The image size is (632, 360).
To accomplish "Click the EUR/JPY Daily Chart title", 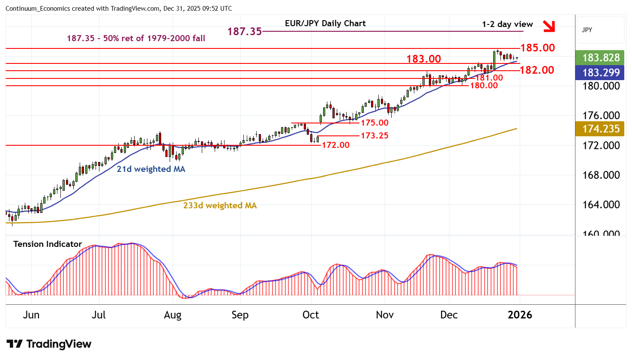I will pyautogui.click(x=325, y=24).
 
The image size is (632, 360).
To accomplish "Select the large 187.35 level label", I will pyautogui.click(x=244, y=31).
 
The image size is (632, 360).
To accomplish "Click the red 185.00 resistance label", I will pyautogui.click(x=537, y=48).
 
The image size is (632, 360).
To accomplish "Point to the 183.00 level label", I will pyautogui.click(x=424, y=59).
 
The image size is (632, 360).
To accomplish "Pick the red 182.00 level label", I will pyautogui.click(x=537, y=70).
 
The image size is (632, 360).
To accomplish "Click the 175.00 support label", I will pyautogui.click(x=374, y=123).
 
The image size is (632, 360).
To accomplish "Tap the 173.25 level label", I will pyautogui.click(x=374, y=135).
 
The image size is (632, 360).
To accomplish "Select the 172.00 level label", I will pyautogui.click(x=335, y=145).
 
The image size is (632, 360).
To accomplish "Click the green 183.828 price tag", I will pyautogui.click(x=601, y=57).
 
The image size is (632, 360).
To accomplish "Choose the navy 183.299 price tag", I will pyautogui.click(x=601, y=72).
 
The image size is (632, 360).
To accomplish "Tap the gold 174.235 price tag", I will pyautogui.click(x=601, y=129).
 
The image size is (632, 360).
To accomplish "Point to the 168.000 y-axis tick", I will pyautogui.click(x=601, y=175).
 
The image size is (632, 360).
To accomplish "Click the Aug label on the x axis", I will pyautogui.click(x=172, y=315).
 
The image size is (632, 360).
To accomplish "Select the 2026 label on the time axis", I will pyautogui.click(x=520, y=315).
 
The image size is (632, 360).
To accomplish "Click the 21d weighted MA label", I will pyautogui.click(x=151, y=169).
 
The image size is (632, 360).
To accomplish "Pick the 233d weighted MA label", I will pyautogui.click(x=220, y=205).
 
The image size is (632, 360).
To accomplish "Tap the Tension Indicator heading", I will pyautogui.click(x=48, y=244).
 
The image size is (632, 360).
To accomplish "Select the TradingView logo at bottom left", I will pyautogui.click(x=49, y=344).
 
